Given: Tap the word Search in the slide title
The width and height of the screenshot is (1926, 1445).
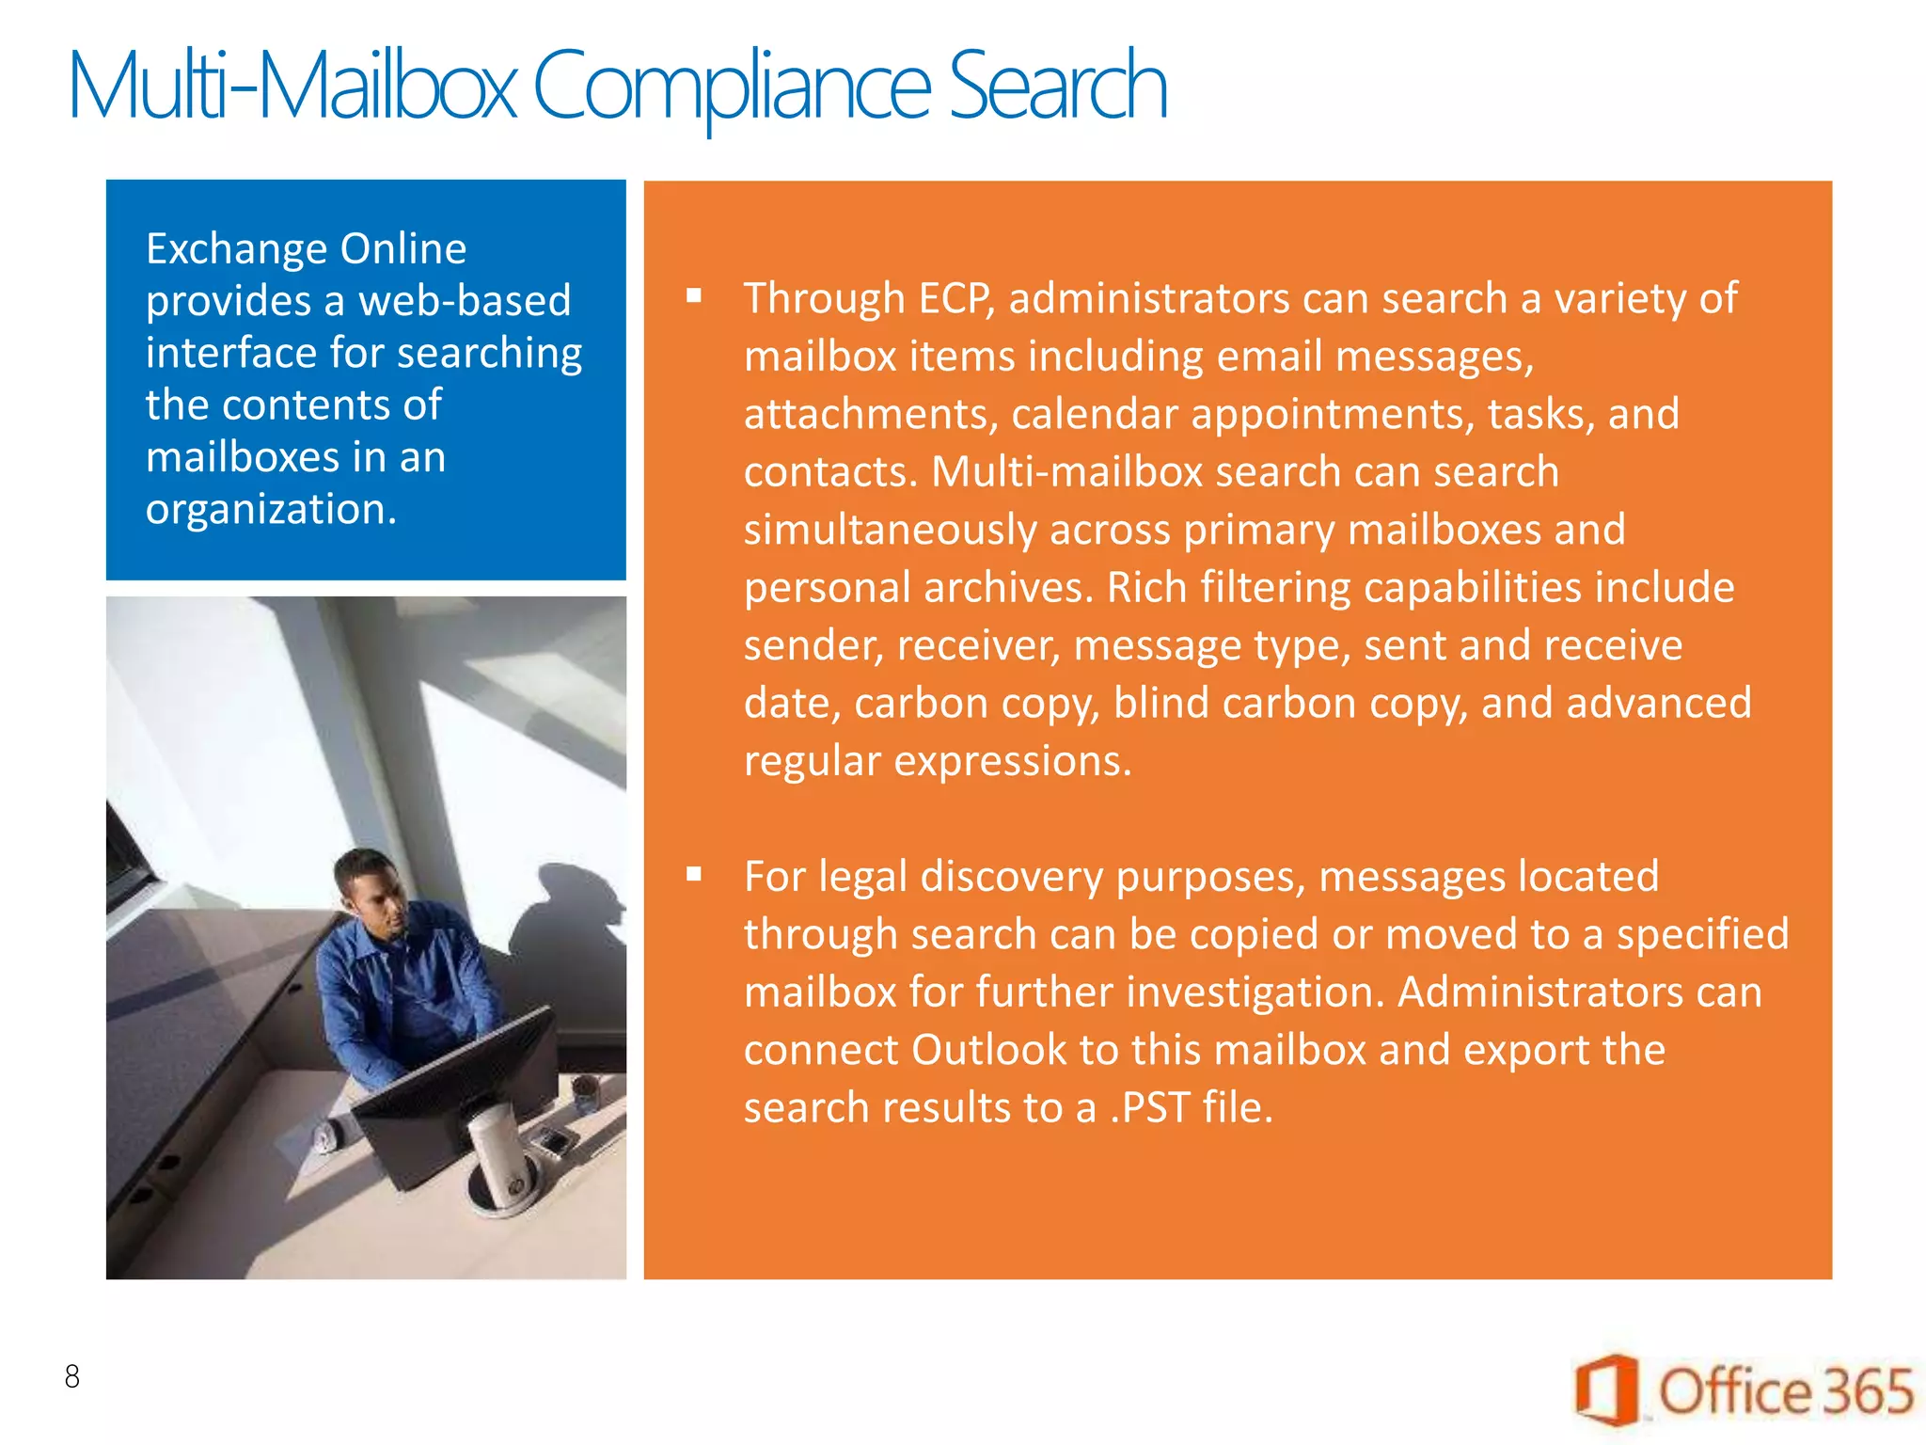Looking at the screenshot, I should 1057,87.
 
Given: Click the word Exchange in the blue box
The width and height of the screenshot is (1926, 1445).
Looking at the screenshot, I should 236,249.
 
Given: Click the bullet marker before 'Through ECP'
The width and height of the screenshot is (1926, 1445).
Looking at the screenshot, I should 694,296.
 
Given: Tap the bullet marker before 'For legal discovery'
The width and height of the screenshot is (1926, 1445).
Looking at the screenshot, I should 694,874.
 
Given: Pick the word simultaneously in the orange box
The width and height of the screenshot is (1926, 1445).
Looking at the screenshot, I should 890,530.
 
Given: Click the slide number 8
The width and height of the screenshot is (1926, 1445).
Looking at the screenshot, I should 72,1376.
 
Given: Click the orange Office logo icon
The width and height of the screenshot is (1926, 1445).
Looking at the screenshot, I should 1607,1389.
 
